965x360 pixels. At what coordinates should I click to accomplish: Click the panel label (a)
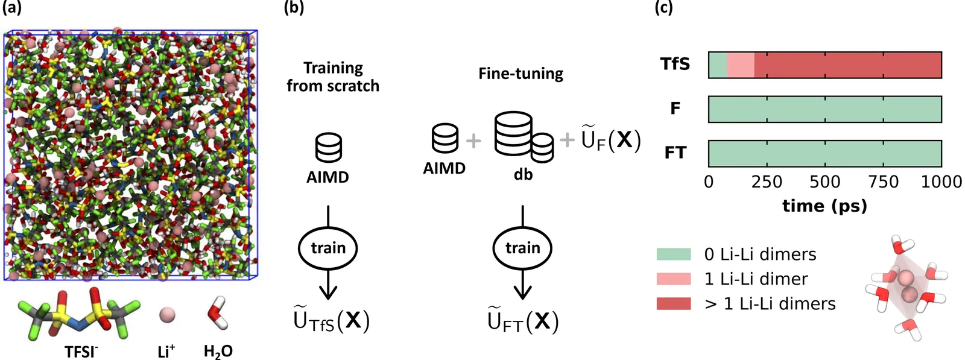[13, 8]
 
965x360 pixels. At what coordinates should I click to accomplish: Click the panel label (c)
[664, 8]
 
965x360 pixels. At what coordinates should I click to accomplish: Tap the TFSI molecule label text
[81, 351]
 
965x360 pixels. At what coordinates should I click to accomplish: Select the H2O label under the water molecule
[218, 351]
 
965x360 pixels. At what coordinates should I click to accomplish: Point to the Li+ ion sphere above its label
[167, 314]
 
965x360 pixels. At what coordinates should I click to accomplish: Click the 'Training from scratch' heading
[333, 77]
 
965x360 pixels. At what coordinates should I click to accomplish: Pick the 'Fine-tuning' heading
[520, 74]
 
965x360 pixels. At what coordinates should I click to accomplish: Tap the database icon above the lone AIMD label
[329, 148]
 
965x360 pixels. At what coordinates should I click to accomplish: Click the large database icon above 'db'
[514, 134]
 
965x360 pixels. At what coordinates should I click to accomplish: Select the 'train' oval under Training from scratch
[328, 248]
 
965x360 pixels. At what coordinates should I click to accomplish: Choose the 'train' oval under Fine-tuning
[522, 248]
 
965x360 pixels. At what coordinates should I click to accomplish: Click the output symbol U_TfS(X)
[331, 320]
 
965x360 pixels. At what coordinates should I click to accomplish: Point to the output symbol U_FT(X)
[523, 321]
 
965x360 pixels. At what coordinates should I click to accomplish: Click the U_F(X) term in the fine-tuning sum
[610, 139]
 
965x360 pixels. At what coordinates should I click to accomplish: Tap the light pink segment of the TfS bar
[741, 65]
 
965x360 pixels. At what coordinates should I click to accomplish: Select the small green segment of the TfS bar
[718, 65]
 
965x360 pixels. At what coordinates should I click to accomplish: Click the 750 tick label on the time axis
[884, 182]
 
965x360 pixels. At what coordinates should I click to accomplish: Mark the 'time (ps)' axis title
[824, 206]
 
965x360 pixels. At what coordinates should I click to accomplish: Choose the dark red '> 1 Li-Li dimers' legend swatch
[674, 303]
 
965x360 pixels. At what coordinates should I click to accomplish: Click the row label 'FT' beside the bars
[675, 153]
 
